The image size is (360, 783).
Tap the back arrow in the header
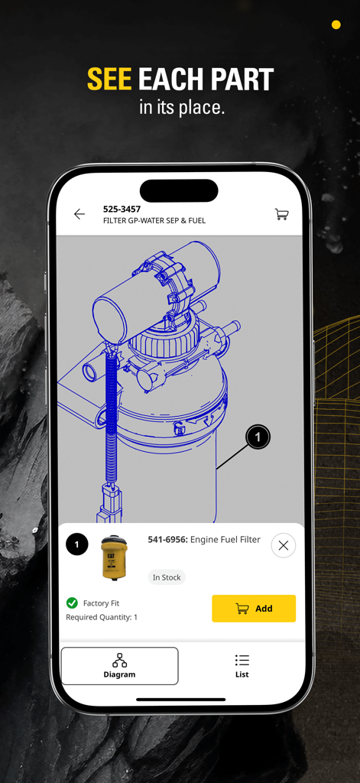coord(79,214)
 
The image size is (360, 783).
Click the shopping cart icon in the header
coord(281,214)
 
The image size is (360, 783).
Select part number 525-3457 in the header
coord(122,209)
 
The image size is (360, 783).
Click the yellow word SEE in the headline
coord(109,80)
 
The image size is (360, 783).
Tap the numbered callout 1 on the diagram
coord(258,437)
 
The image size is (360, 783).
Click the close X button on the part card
coord(283,545)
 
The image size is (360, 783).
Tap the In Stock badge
coord(167,577)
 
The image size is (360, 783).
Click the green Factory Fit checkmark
coord(72,603)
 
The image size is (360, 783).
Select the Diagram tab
coord(119,665)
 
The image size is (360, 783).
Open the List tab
coord(242,665)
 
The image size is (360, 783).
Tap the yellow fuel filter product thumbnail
coord(114,557)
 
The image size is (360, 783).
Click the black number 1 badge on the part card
coord(76,544)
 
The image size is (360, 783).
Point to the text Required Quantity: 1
coord(102,617)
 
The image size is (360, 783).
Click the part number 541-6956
coord(166,540)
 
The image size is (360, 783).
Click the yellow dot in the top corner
coord(336,25)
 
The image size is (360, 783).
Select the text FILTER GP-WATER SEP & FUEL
coord(154,221)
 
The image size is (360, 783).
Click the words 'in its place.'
coord(182,107)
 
